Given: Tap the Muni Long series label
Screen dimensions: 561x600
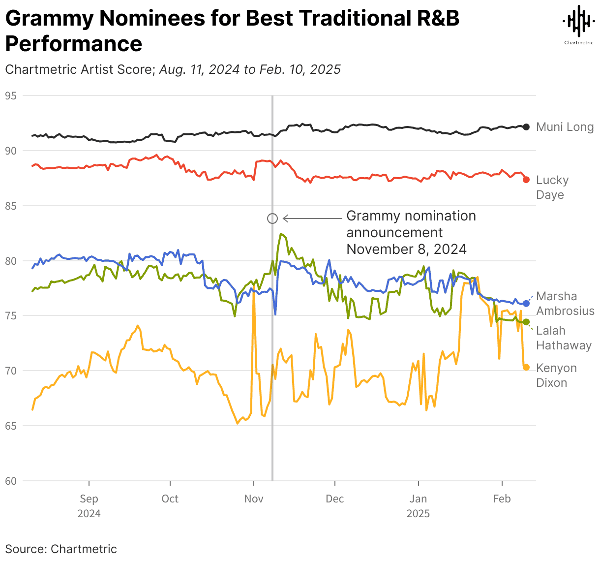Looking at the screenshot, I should (x=565, y=127).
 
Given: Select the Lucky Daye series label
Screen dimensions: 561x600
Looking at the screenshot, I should (x=552, y=187).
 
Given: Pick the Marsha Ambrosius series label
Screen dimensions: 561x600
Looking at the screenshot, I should (x=565, y=304).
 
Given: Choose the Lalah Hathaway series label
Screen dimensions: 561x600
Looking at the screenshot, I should (x=564, y=338).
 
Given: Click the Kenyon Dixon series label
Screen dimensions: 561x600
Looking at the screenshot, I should (x=556, y=375).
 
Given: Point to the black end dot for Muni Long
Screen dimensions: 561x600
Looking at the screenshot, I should (x=526, y=127).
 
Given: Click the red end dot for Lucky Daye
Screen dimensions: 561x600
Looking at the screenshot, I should (x=526, y=180).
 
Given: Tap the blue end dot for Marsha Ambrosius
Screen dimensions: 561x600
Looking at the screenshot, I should (x=526, y=304).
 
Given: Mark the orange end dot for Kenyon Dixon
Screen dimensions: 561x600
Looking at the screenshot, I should (x=526, y=367).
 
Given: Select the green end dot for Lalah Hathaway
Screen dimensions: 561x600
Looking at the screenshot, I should (x=526, y=322).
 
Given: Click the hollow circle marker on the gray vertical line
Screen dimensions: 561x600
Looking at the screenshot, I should (x=272, y=218).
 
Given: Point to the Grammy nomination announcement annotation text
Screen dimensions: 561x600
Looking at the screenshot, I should (x=411, y=232).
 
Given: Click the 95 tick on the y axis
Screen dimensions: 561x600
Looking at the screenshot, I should (x=11, y=95).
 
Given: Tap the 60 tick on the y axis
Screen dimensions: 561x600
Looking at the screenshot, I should (x=11, y=481).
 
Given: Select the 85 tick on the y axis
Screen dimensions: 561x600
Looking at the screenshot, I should (x=11, y=206).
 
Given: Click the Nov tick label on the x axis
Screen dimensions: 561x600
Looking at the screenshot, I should (x=254, y=499).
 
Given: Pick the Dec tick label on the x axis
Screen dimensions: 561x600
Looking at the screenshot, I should (x=335, y=499).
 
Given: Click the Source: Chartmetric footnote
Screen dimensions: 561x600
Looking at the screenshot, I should (x=61, y=549).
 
